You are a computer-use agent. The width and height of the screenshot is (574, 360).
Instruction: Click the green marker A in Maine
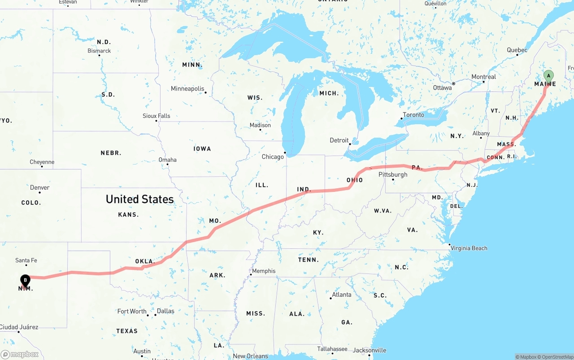[548, 76]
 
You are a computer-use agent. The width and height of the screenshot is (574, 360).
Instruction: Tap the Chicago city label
[273, 156]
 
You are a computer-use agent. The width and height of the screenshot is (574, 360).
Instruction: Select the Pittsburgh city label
[393, 174]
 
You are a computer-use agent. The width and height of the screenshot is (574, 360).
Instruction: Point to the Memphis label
[264, 271]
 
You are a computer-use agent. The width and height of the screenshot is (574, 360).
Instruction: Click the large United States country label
[139, 199]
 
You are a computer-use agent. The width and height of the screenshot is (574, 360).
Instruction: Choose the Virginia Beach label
[469, 248]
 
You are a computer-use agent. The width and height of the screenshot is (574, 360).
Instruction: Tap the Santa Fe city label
[26, 260]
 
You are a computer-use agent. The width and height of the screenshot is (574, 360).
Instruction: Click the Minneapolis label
[187, 89]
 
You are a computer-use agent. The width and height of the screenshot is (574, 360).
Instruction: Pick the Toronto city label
[413, 115]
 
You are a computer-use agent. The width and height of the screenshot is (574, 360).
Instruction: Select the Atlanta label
[342, 295]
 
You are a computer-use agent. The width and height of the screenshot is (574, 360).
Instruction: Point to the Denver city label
[39, 187]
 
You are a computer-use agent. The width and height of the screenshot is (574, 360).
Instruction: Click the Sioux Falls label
[156, 116]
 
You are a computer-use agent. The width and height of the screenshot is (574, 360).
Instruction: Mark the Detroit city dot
[350, 144]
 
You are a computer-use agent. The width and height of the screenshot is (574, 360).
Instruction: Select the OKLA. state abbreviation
[145, 261]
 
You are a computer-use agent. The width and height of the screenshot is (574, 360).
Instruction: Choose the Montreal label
[483, 77]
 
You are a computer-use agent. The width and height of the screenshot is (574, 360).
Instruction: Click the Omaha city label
[167, 160]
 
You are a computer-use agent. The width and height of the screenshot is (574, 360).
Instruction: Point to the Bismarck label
[99, 51]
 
